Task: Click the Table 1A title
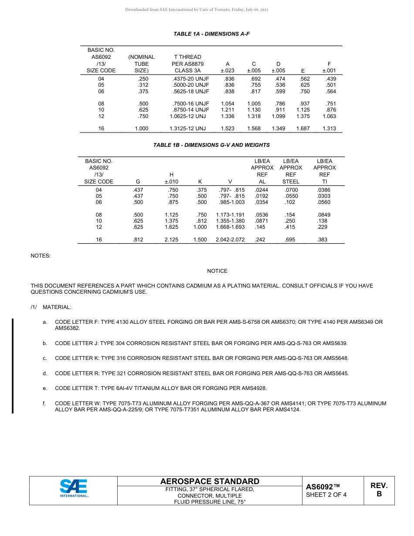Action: (x=211, y=34)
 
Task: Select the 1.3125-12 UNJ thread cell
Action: (x=187, y=129)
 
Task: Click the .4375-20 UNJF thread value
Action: (x=191, y=79)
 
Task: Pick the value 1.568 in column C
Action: (x=254, y=129)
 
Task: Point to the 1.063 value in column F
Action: (x=329, y=116)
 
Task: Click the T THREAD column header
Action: (x=187, y=57)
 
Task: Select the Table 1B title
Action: (x=211, y=145)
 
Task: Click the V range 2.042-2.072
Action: (x=230, y=240)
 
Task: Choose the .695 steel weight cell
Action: (x=290, y=240)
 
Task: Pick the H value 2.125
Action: (x=171, y=240)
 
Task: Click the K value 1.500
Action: (x=200, y=240)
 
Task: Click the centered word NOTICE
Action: (x=217, y=271)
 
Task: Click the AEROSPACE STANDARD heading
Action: (x=210, y=481)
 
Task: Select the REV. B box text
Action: (x=379, y=490)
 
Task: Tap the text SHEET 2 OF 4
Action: (x=326, y=495)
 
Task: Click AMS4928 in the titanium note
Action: (x=254, y=388)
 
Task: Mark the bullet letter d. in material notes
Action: (x=45, y=373)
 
